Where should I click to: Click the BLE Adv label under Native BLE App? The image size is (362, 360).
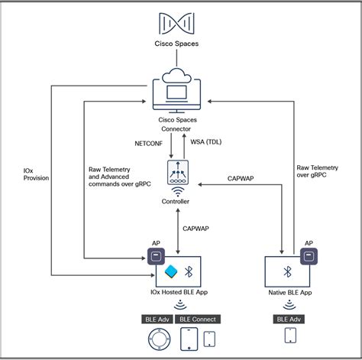290,319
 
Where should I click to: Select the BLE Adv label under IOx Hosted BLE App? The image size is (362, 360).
157,319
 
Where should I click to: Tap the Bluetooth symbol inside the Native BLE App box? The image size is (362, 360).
289,272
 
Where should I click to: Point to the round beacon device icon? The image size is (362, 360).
157,339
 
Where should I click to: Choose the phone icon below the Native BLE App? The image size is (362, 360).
290,337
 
